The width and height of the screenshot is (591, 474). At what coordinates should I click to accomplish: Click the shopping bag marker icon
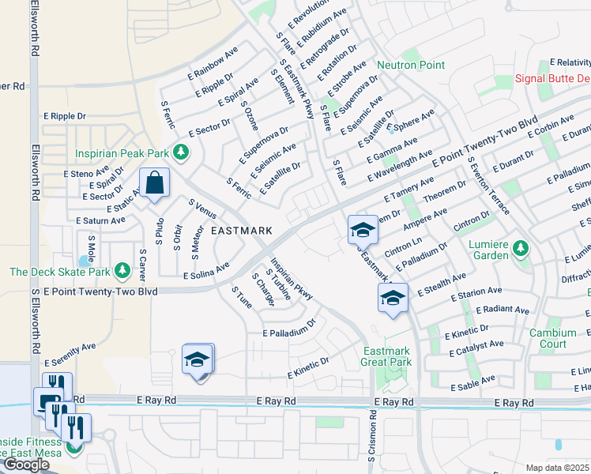(x=156, y=183)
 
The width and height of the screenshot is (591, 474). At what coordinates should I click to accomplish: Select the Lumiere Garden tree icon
(x=521, y=250)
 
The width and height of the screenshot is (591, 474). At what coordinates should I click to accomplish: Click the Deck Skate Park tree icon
(x=122, y=272)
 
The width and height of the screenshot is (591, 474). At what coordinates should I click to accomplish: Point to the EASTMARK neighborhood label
(x=242, y=231)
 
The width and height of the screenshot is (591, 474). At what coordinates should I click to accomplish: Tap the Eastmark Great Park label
(x=387, y=356)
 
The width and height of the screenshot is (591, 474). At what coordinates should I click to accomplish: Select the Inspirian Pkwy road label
(x=292, y=279)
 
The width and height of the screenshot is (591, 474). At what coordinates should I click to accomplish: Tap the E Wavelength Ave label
(x=399, y=167)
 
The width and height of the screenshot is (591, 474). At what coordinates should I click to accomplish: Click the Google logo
(x=26, y=465)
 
